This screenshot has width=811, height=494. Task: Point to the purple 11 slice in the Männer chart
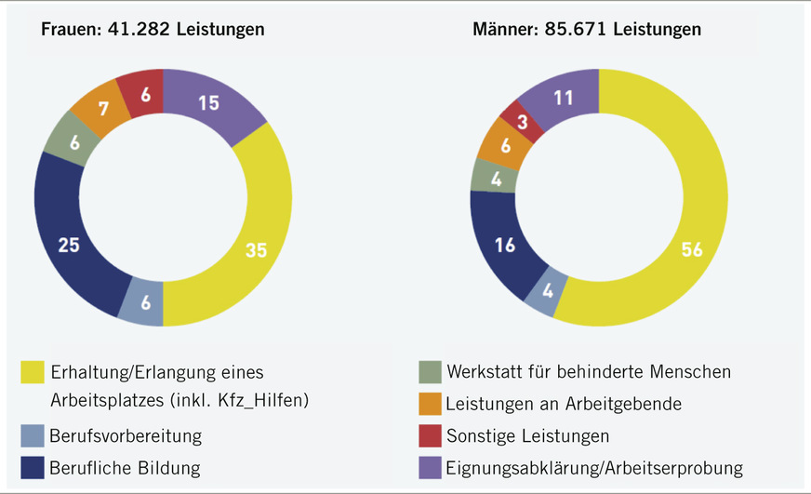(563, 96)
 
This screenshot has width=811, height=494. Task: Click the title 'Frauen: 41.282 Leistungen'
(153, 30)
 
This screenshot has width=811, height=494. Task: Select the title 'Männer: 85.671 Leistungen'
(587, 30)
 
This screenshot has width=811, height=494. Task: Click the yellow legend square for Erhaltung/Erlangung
(32, 373)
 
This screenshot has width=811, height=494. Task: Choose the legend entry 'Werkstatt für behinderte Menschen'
(588, 372)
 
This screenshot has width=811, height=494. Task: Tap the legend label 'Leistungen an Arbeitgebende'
(564, 404)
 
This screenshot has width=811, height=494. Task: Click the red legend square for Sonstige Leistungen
(430, 435)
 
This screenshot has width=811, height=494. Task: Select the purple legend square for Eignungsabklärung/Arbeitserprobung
(430, 467)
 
